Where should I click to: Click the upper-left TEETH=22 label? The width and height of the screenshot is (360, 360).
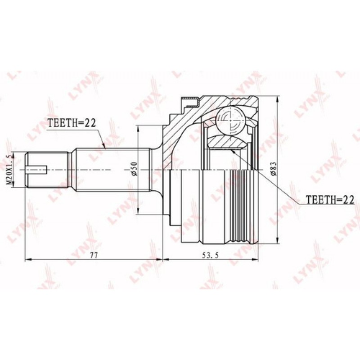(x=71, y=123)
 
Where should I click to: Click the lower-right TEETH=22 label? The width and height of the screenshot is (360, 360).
(x=330, y=200)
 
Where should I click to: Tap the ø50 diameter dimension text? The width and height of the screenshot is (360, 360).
(x=134, y=169)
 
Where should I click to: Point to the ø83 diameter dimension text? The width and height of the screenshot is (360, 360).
(x=274, y=169)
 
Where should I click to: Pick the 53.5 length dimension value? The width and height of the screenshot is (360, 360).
(x=210, y=255)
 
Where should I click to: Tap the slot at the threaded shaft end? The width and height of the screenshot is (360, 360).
(x=36, y=170)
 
